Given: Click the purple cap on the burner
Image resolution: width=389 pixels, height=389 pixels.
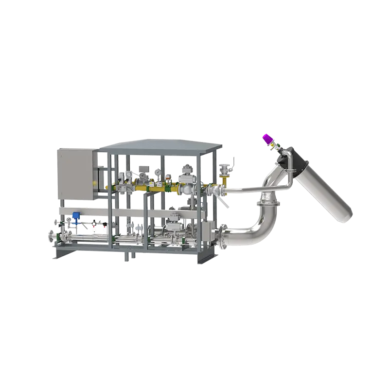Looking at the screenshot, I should pyautogui.click(x=266, y=139).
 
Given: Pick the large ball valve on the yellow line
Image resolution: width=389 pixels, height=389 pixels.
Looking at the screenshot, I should pyautogui.click(x=185, y=187).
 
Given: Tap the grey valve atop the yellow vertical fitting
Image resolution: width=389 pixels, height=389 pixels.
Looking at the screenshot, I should pyautogui.click(x=224, y=169).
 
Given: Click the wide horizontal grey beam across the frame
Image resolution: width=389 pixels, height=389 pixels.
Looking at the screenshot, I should pyautogui.click(x=160, y=213).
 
